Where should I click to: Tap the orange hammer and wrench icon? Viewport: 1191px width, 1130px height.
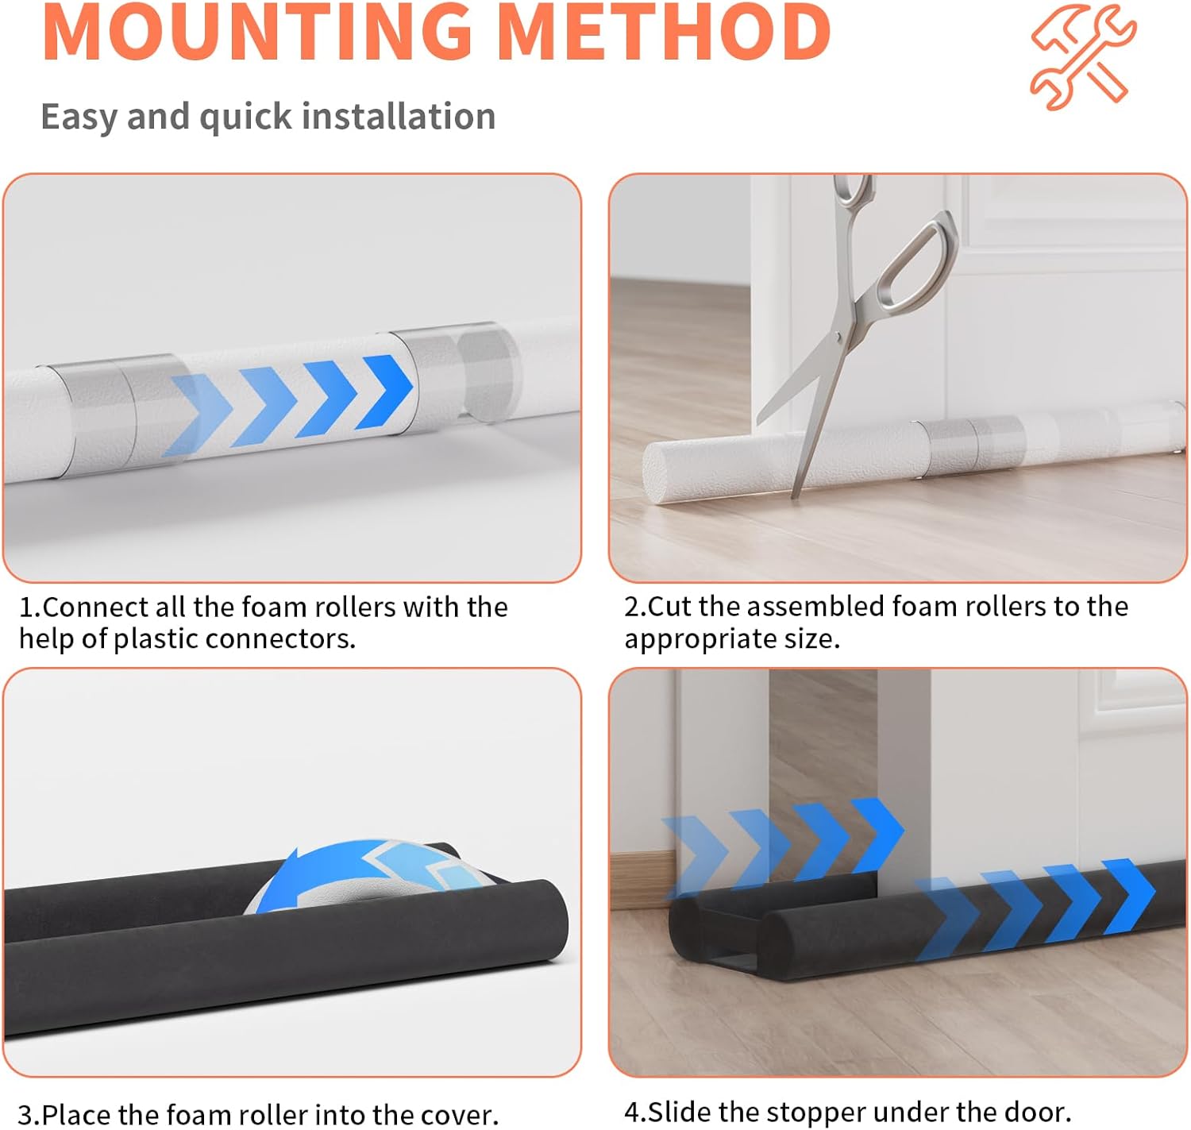[1083, 57]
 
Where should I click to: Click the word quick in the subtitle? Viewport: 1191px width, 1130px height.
[246, 118]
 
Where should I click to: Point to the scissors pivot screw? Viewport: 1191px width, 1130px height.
[838, 337]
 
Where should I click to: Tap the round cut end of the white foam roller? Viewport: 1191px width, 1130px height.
[656, 472]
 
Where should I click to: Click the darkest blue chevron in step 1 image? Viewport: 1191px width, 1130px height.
[384, 392]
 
